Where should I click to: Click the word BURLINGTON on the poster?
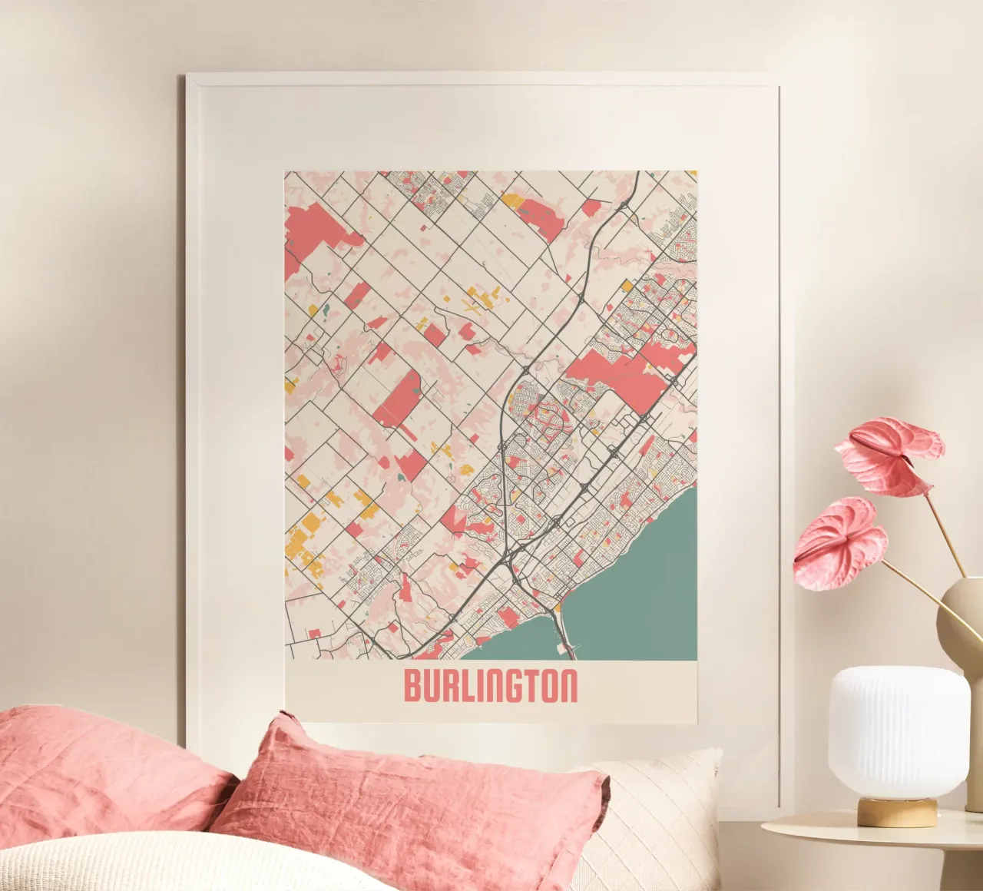(490, 687)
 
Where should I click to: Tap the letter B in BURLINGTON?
(412, 687)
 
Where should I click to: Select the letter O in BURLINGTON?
(551, 687)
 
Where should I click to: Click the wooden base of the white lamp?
(896, 811)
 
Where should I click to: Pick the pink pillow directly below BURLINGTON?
(415, 799)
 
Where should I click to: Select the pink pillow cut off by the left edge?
(92, 768)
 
